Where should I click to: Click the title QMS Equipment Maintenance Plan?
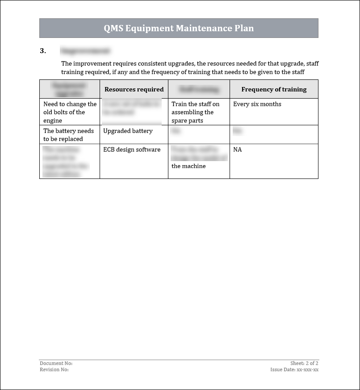(x=179, y=28)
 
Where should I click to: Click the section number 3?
(x=43, y=51)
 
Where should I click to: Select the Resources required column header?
(x=134, y=89)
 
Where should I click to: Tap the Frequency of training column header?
(x=274, y=89)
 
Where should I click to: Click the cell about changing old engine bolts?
(x=70, y=112)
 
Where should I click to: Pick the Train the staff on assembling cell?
(x=195, y=112)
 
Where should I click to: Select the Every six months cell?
(x=257, y=104)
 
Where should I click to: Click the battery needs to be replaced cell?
(x=68, y=135)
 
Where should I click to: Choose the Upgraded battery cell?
(x=128, y=131)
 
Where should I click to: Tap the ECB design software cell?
(x=132, y=149)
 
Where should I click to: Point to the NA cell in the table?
(x=238, y=149)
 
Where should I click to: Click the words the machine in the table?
(x=188, y=166)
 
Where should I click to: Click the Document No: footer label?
(x=56, y=364)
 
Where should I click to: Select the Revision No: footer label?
(x=54, y=369)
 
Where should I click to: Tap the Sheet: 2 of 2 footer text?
(x=304, y=364)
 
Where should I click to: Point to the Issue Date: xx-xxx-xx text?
(x=294, y=369)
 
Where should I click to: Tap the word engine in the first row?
(x=53, y=120)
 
